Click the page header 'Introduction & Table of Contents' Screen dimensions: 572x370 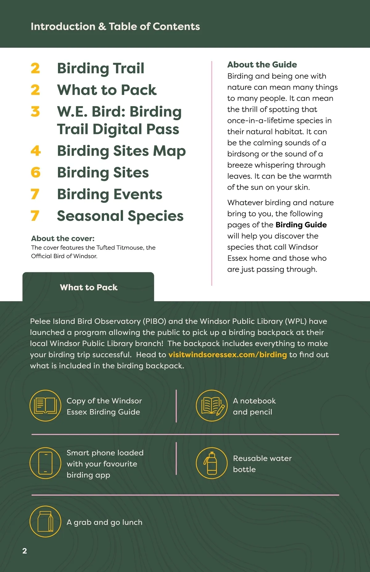115,27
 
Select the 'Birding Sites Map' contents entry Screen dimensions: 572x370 121,151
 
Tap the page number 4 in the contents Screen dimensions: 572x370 35,151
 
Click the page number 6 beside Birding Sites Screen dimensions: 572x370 35,173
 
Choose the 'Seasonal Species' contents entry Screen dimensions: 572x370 120,216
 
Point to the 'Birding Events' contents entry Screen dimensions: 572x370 109,194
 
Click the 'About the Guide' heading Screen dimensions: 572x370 262,65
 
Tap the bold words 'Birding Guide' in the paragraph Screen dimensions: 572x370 301,225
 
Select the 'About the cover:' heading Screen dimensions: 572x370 63,238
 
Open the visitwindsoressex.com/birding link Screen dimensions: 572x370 228,355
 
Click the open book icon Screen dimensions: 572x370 45,405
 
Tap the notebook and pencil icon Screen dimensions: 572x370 212,405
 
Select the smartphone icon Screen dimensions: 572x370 45,463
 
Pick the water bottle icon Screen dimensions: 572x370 212,463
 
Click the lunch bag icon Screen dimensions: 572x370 45,521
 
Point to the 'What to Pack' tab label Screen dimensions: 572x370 89,287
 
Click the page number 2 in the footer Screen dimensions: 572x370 25,551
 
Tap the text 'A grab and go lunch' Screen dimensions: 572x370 105,522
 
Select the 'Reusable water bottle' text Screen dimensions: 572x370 262,464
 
